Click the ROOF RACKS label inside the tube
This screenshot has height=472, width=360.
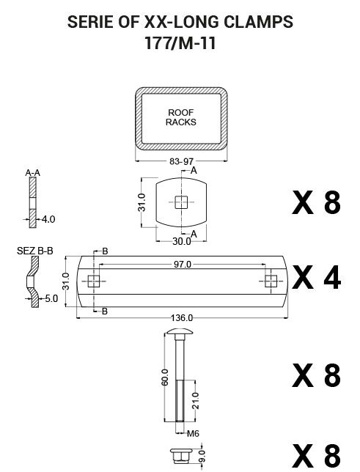[x=181, y=117]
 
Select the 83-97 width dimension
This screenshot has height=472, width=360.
[x=181, y=161]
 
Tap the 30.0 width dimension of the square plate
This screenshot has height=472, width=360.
[x=182, y=241]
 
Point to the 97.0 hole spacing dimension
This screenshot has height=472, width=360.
[x=183, y=265]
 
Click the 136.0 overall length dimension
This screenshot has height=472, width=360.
[x=182, y=317]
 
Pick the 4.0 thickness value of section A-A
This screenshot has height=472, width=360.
[x=48, y=219]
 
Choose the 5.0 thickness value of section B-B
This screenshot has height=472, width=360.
[x=51, y=298]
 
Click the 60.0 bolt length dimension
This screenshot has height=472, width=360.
[x=165, y=377]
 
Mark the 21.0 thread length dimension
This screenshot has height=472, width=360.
[x=196, y=401]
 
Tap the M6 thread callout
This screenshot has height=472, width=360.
[x=193, y=433]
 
